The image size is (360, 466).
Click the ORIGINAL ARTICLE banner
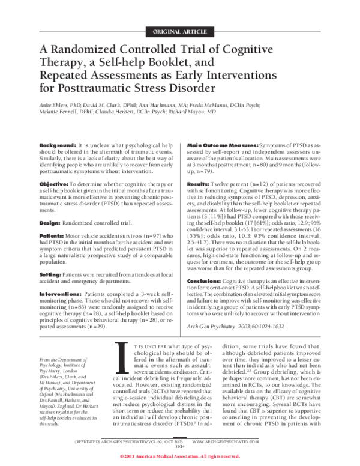click(180, 31)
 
